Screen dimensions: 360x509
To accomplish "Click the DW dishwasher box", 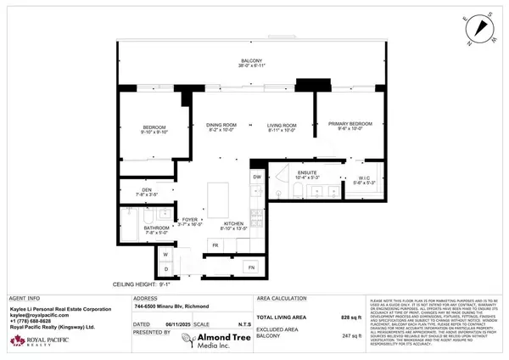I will click(x=257, y=176).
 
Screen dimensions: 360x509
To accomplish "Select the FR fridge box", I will click(x=215, y=245).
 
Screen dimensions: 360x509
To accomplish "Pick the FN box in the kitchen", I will click(x=252, y=267).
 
